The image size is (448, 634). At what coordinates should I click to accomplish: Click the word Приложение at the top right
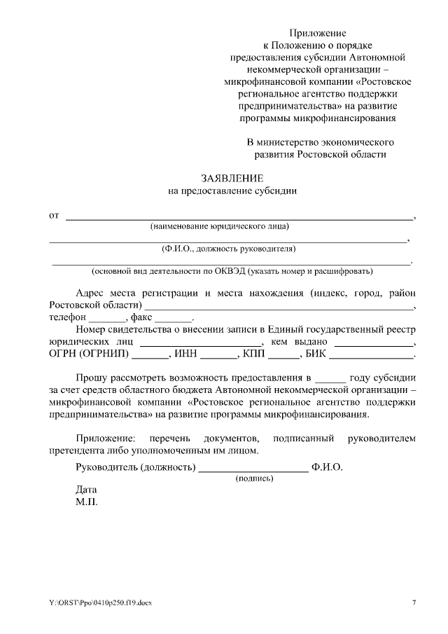tap(318, 32)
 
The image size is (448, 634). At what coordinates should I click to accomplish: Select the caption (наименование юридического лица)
tap(220, 226)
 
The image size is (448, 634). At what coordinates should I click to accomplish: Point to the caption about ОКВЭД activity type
tap(232, 270)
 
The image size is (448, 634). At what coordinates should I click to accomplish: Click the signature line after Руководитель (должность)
tap(253, 468)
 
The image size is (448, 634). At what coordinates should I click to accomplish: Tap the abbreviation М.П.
tap(87, 502)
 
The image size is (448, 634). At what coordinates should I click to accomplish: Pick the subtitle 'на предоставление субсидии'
tap(233, 190)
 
